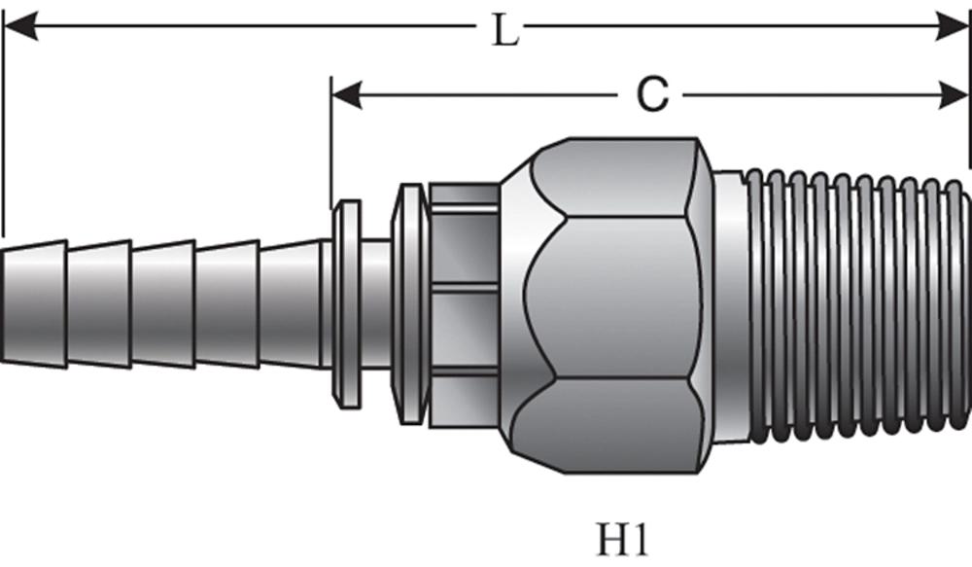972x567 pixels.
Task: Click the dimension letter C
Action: [652, 95]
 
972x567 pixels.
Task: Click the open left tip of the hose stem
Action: [5, 306]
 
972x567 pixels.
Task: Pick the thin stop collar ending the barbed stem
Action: [346, 303]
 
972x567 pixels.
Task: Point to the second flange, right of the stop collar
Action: [408, 303]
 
